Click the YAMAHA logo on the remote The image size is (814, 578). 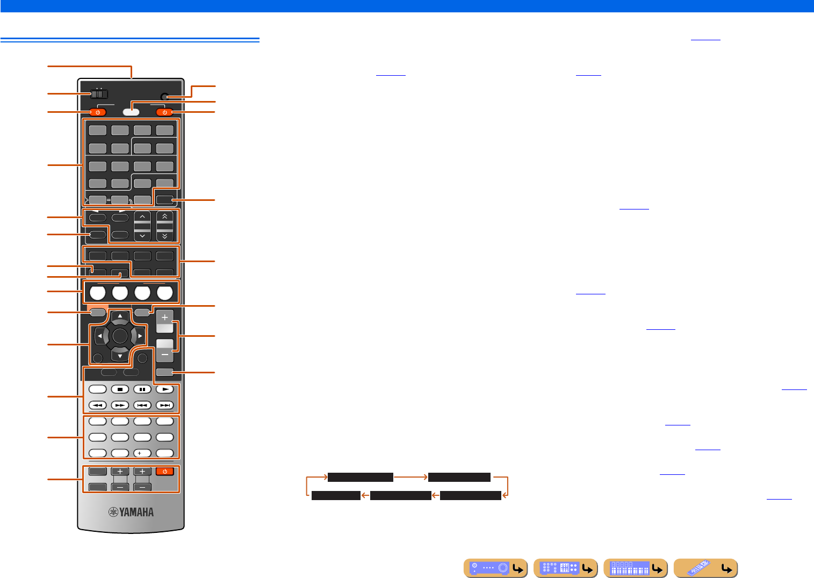(x=131, y=512)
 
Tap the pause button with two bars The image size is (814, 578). (x=142, y=389)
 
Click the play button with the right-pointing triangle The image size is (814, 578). (x=165, y=389)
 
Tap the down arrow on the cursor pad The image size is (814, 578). (x=120, y=355)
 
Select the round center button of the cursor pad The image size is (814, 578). (x=120, y=336)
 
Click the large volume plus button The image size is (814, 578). (x=165, y=317)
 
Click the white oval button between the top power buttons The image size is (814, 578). (x=131, y=112)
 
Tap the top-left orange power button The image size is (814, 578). (x=98, y=112)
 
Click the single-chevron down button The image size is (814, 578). (x=142, y=236)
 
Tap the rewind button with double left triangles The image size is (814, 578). (x=98, y=406)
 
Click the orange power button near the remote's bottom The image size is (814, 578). (x=165, y=472)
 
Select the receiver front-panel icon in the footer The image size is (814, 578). (x=495, y=568)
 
